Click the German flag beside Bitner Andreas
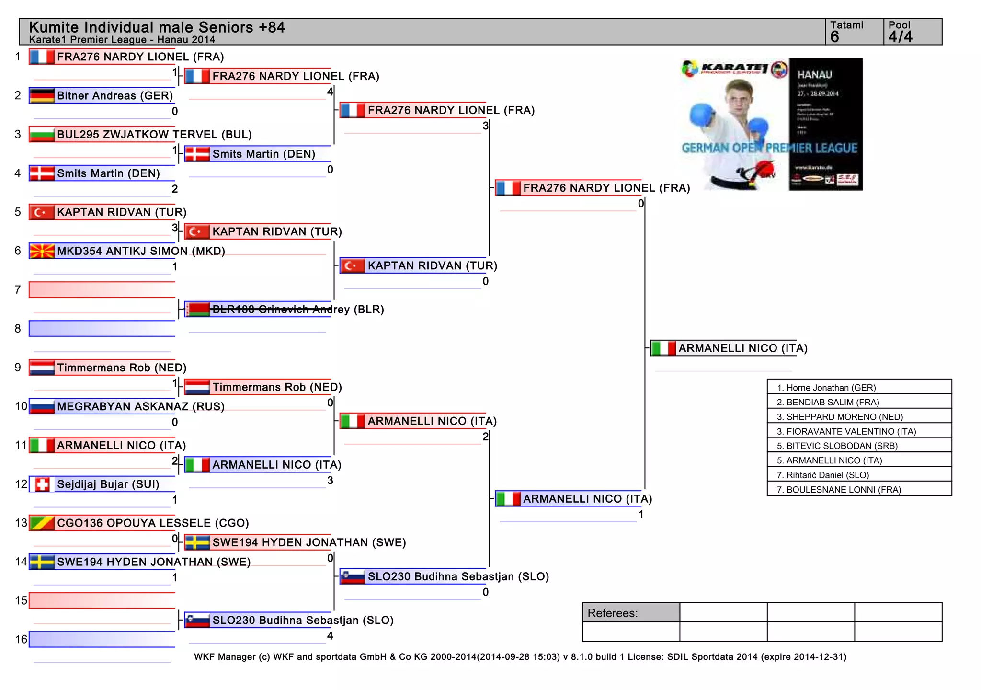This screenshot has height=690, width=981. pyautogui.click(x=42, y=96)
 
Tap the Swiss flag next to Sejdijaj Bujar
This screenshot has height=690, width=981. pyautogui.click(x=42, y=484)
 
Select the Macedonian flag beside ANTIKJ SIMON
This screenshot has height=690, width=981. pyautogui.click(x=42, y=251)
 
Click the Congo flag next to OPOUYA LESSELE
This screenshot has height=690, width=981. pyautogui.click(x=42, y=523)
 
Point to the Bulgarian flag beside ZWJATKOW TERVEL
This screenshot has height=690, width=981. pyautogui.click(x=42, y=135)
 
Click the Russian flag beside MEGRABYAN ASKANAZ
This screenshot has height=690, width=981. pyautogui.click(x=42, y=407)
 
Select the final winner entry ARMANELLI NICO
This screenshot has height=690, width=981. pyautogui.click(x=742, y=348)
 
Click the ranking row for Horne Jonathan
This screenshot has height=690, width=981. pyautogui.click(x=859, y=387)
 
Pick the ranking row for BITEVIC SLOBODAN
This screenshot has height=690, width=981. pyautogui.click(x=859, y=446)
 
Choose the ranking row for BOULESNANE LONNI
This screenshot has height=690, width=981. pyautogui.click(x=859, y=489)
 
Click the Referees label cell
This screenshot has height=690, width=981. pyautogui.click(x=631, y=613)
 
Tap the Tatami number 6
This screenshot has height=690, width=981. pyautogui.click(x=835, y=37)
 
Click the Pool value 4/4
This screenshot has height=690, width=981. pyautogui.click(x=901, y=37)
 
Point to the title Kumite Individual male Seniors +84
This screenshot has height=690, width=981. pyautogui.click(x=157, y=27)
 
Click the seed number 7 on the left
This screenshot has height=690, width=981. pyautogui.click(x=18, y=290)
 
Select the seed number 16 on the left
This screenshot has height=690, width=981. pyautogui.click(x=21, y=639)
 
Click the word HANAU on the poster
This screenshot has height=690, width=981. pyautogui.click(x=814, y=75)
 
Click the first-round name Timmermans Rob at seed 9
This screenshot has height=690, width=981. pyautogui.click(x=122, y=368)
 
